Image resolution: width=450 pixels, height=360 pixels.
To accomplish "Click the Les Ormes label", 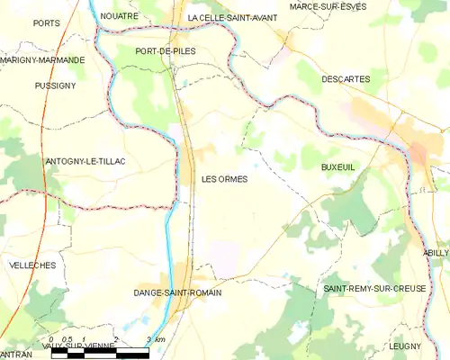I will [x=224, y=179].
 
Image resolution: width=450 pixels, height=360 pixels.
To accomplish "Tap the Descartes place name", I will [x=346, y=79].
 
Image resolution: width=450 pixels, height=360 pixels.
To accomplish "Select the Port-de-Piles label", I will [x=165, y=51].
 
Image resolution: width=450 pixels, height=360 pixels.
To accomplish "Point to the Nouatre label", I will [x=120, y=16].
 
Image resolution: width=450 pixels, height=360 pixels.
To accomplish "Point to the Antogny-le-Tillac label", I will [x=85, y=161].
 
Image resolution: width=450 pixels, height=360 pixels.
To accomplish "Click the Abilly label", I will [x=436, y=253].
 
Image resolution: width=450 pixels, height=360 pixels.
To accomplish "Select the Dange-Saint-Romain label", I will [x=177, y=292].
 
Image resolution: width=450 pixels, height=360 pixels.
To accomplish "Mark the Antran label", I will [x=16, y=355].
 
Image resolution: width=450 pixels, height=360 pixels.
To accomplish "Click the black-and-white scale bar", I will [x=100, y=352].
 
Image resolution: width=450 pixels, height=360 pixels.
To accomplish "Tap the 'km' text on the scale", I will [x=160, y=339].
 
